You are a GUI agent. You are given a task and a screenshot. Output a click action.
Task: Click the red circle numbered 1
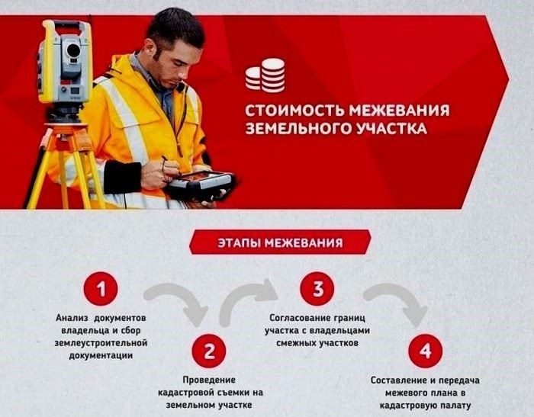pyautogui.click(x=101, y=290)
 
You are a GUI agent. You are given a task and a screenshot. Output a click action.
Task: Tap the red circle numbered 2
pyautogui.click(x=209, y=351)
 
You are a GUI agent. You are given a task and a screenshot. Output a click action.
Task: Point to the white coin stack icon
pyautogui.click(x=265, y=75)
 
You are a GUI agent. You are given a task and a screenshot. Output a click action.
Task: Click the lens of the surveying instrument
pyautogui.click(x=73, y=51)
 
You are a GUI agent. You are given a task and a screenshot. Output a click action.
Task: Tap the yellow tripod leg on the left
pyautogui.click(x=37, y=172)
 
